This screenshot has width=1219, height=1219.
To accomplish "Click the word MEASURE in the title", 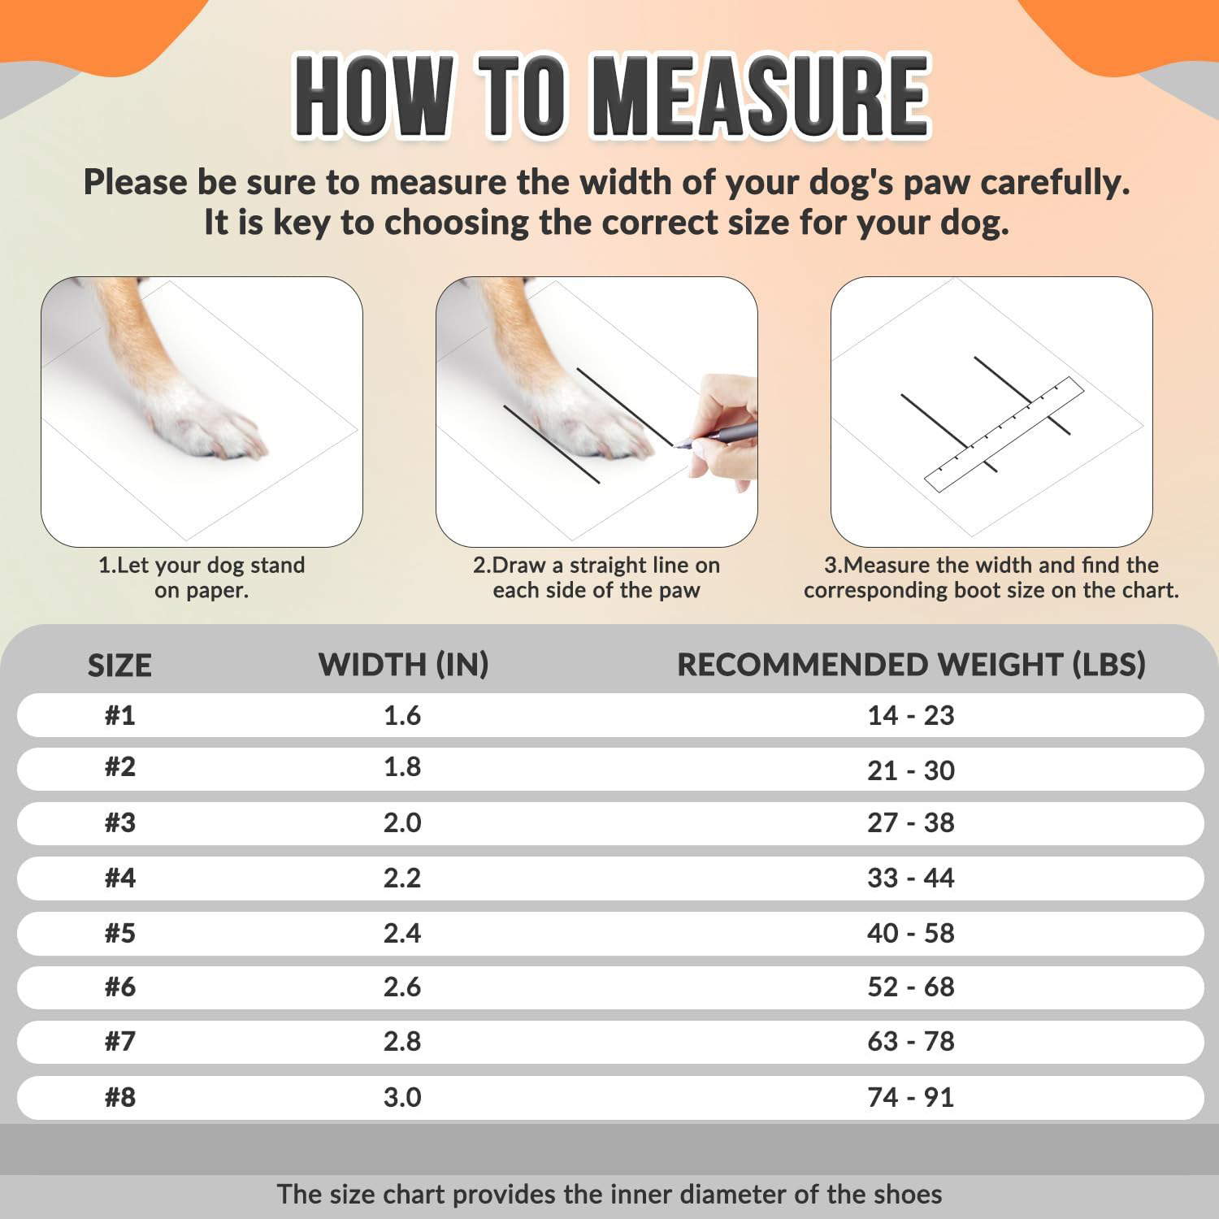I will [761, 95].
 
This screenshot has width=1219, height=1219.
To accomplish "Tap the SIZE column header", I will [119, 666].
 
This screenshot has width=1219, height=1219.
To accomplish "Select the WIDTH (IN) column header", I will [403, 665].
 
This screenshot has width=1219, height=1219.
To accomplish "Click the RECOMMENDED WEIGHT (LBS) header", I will [911, 665].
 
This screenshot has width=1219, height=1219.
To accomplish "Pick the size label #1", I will [119, 716].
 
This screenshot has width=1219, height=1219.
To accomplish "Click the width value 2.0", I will [402, 822].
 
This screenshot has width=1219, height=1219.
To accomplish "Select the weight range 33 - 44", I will [910, 878].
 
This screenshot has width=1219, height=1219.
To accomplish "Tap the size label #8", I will [119, 1097].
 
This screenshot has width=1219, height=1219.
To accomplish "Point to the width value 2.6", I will [402, 987].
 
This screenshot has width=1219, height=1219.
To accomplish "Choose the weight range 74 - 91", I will [910, 1097].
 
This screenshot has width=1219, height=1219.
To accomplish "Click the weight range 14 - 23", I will [910, 716].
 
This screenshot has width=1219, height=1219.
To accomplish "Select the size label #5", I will [119, 933].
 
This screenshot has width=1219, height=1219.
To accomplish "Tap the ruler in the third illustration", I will [1005, 434].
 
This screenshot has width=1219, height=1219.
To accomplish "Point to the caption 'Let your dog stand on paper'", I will [202, 577].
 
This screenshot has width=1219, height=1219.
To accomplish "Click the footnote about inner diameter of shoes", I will [609, 1194].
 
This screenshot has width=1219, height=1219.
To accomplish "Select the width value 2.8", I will [402, 1041].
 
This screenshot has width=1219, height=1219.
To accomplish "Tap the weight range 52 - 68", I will [910, 987].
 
